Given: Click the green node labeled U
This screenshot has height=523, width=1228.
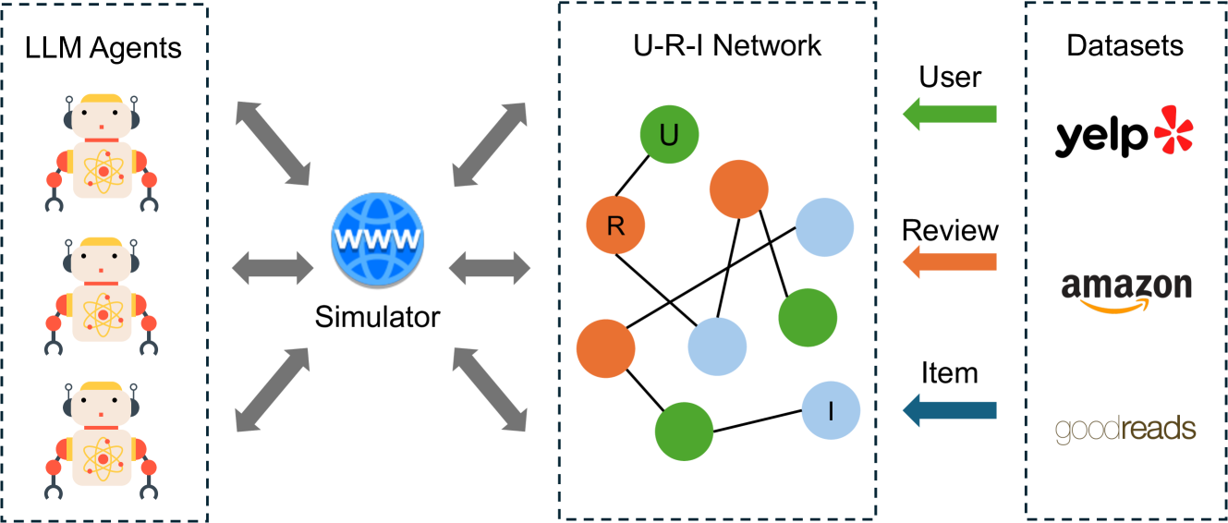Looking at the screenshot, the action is tap(669, 134).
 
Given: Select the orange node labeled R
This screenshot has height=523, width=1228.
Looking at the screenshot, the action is tap(615, 225).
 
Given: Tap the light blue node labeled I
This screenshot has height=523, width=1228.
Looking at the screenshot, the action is tap(831, 410).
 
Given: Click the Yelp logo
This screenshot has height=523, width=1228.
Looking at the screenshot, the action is tap(1124, 131).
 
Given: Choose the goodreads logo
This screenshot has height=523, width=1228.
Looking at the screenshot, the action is tap(1125, 430).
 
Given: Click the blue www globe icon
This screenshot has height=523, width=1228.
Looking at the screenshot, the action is tap(377, 239).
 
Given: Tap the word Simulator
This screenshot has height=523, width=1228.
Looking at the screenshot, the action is tap(377, 317).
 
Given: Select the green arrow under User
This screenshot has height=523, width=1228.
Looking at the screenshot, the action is tap(950, 114).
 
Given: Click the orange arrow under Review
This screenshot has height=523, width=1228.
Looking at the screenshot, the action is tap(950, 262).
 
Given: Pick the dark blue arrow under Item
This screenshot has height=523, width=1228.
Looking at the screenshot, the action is tap(950, 410).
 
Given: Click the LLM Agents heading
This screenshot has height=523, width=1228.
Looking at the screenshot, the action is tap(103, 48).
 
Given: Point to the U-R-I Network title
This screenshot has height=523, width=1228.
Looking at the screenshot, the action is tap(727, 45).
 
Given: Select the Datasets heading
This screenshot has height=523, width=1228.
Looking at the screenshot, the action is tap(1125, 45).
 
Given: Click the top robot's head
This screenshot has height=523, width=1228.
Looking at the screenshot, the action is tap(102, 116).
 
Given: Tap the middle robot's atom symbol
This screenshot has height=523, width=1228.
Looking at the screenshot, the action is tap(103, 315).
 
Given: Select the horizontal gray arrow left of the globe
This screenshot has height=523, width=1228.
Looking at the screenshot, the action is tap(273, 268).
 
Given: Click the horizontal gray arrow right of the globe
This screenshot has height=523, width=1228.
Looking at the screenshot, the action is tap(490, 268).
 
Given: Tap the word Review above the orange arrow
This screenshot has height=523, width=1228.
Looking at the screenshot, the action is tap(950, 230).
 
